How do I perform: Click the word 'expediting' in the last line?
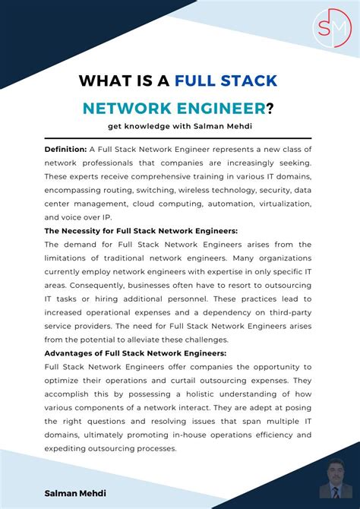[68, 448]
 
